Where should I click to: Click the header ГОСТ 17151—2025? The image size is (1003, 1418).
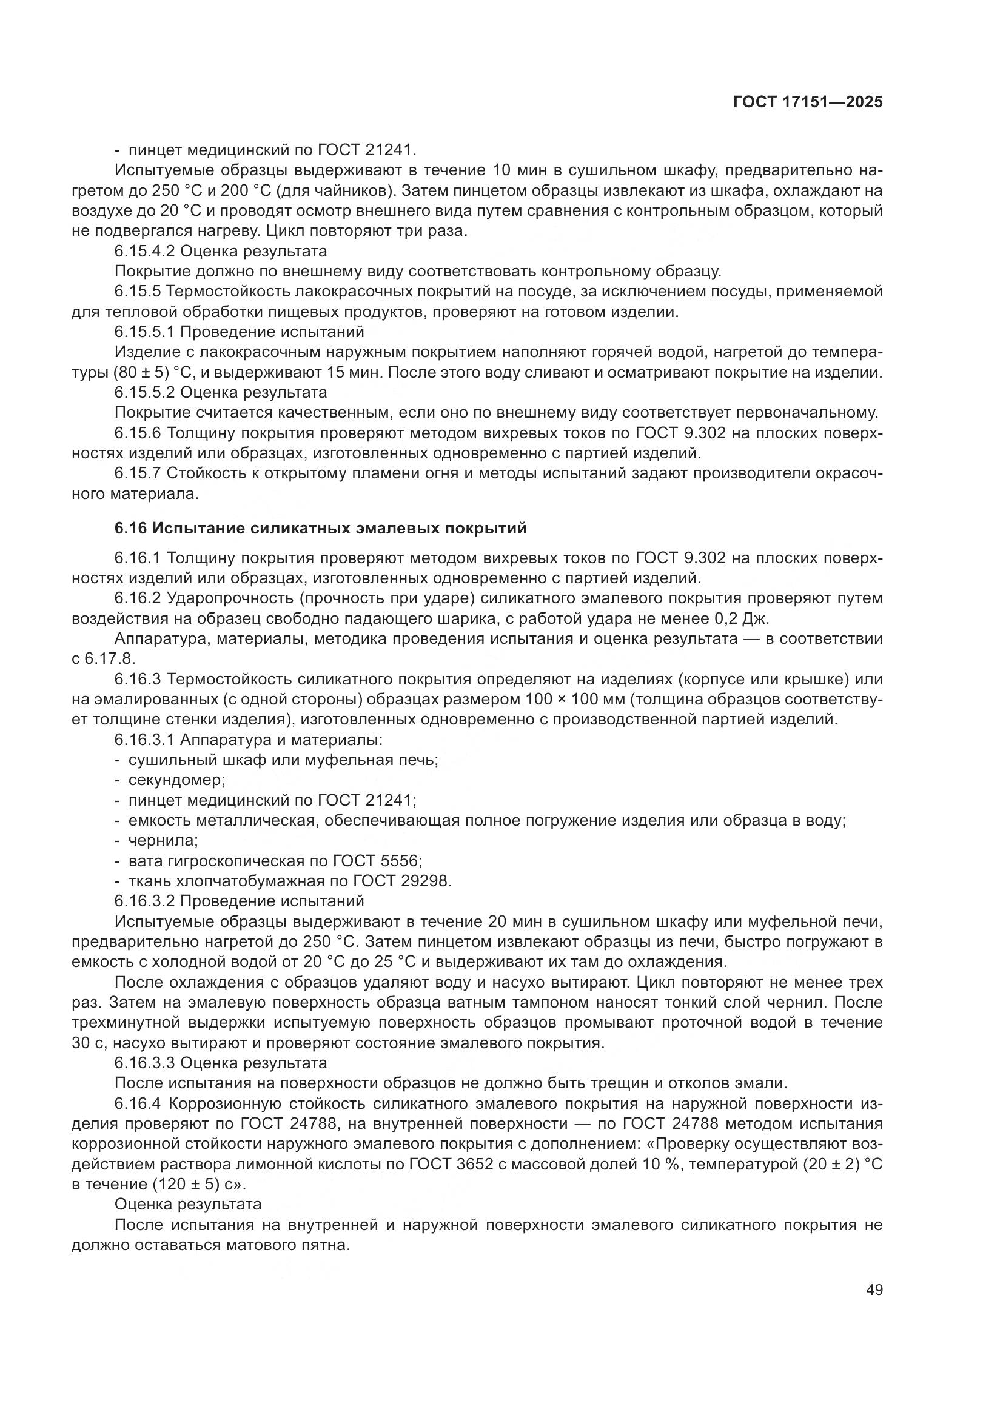point(808,102)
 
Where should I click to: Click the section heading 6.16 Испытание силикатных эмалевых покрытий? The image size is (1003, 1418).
point(321,528)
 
